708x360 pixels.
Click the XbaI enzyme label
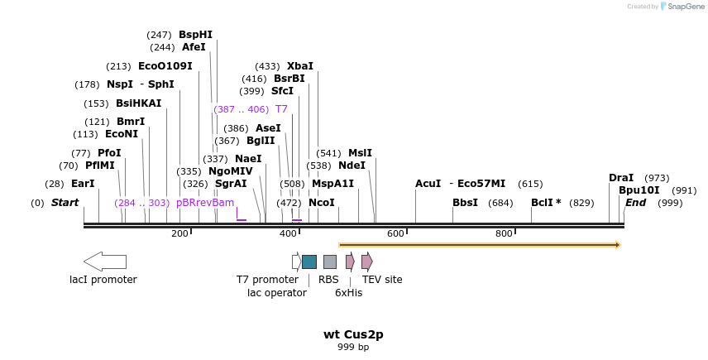click(x=300, y=66)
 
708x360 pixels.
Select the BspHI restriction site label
click(x=195, y=35)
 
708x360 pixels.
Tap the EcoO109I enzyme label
click(x=165, y=66)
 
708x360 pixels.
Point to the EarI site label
click(x=83, y=184)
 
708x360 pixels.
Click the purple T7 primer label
click(x=281, y=109)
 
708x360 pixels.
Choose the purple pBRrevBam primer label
click(x=205, y=203)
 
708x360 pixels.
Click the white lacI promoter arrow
click(x=105, y=262)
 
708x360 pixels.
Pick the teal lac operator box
click(x=309, y=262)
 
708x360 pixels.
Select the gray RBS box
click(x=330, y=262)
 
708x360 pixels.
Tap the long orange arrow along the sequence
click(x=480, y=245)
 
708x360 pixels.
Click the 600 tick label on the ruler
click(x=395, y=234)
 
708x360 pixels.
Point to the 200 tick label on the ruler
click(x=179, y=234)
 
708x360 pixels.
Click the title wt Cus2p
click(x=353, y=335)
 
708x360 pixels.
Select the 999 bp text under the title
click(x=353, y=348)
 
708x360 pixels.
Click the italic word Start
click(x=65, y=203)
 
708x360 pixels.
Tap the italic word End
click(x=635, y=203)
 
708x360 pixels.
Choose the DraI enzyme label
click(x=621, y=178)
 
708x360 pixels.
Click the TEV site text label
click(x=382, y=280)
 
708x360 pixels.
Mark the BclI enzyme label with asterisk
click(x=546, y=203)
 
